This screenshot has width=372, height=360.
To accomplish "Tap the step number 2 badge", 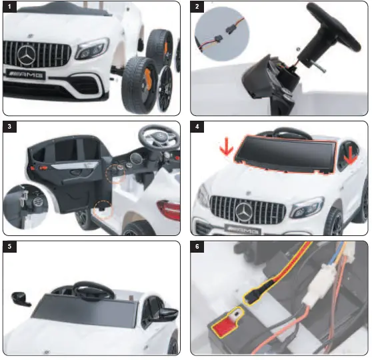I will pos(197,8).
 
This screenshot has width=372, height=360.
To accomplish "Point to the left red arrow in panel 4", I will pos(227,150).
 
